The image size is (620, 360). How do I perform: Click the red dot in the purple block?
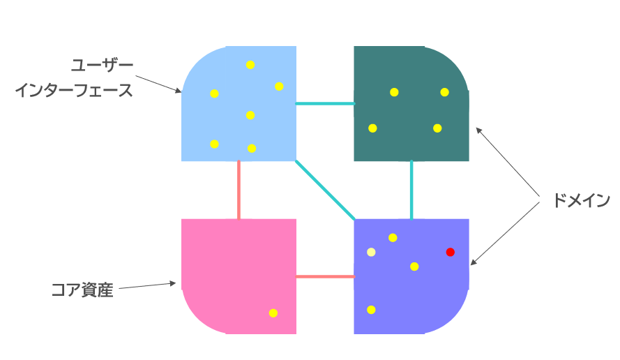tap(450, 252)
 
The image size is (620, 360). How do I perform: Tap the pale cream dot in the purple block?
tap(371, 252)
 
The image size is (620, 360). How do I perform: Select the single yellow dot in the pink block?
tap(273, 313)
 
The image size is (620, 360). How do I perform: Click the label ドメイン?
tap(581, 201)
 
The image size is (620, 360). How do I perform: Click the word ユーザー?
tap(103, 66)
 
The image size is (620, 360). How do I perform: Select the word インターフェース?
tap(74, 91)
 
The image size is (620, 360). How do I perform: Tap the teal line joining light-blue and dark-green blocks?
tap(325, 104)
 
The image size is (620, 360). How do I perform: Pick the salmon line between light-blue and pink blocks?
tap(239, 190)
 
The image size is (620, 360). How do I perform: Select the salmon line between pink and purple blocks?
tap(325, 276)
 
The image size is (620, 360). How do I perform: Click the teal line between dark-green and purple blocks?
tap(411, 190)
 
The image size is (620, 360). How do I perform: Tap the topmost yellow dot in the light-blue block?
tap(250, 65)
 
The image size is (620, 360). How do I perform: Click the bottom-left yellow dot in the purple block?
tap(371, 309)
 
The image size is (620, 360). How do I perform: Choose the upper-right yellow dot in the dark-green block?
tap(444, 92)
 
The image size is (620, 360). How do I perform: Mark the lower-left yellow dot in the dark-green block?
tap(372, 128)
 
